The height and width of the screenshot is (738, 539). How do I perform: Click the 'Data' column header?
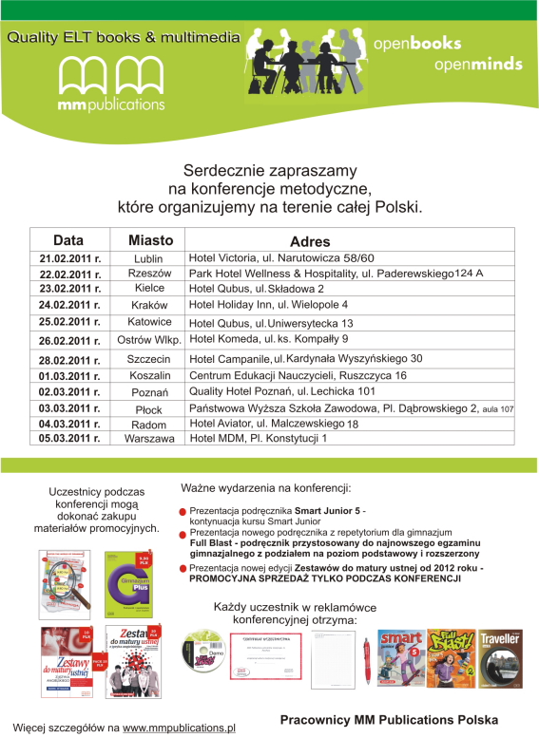tap(67, 240)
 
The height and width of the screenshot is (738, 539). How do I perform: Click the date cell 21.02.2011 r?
tap(70, 258)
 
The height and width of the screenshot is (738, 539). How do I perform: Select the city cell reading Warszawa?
tap(149, 439)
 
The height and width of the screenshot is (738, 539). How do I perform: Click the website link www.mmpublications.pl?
tap(179, 728)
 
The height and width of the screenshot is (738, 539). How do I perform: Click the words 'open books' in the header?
tap(417, 44)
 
